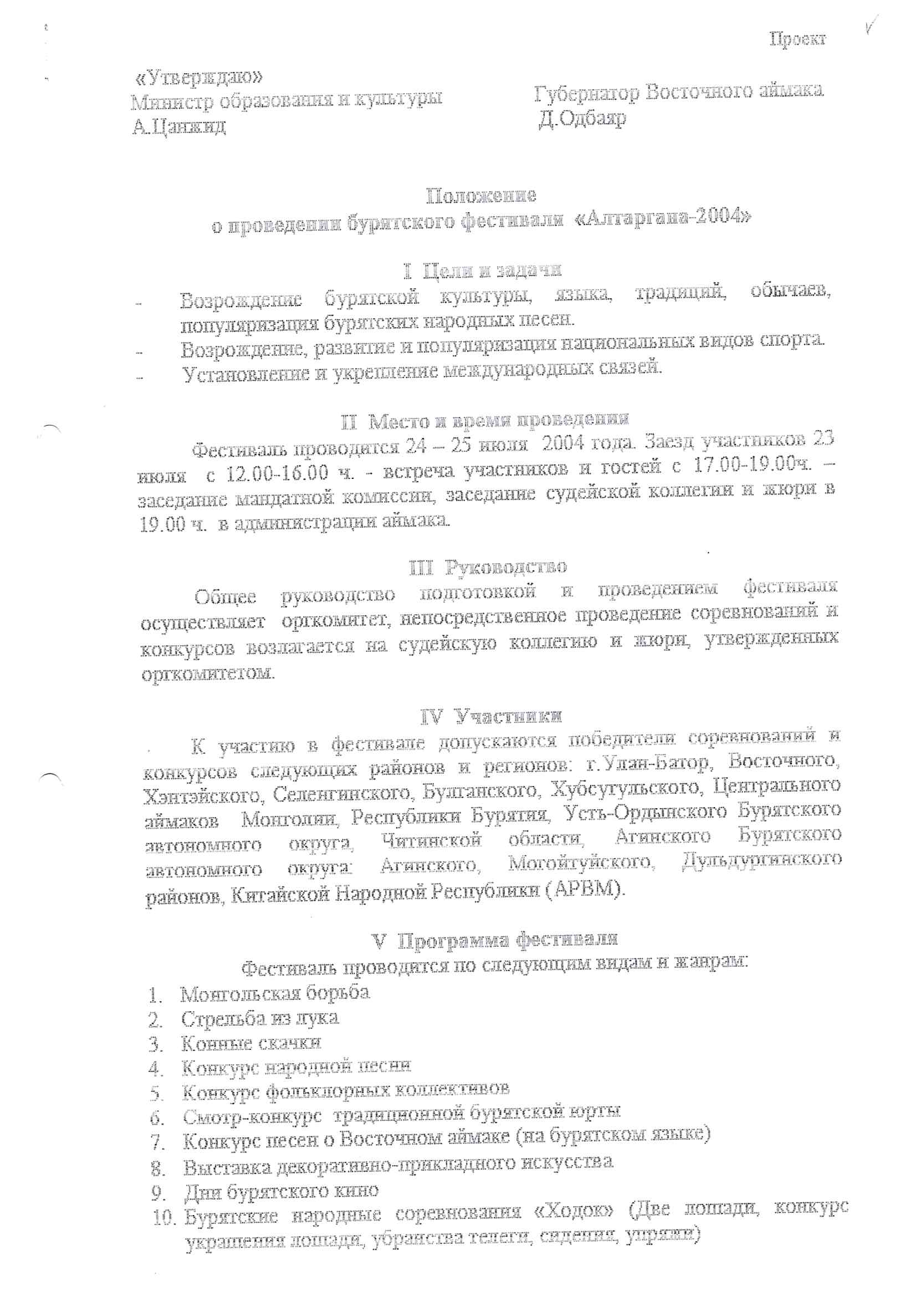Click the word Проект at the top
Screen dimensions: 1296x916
coord(797,39)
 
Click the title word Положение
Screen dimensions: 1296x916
coord(481,196)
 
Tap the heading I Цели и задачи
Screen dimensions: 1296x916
coord(483,271)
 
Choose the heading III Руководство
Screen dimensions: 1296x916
coord(488,566)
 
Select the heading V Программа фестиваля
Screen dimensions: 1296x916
coord(494,940)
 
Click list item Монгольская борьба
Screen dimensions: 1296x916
coord(275,993)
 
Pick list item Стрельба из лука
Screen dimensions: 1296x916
coord(260,1019)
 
